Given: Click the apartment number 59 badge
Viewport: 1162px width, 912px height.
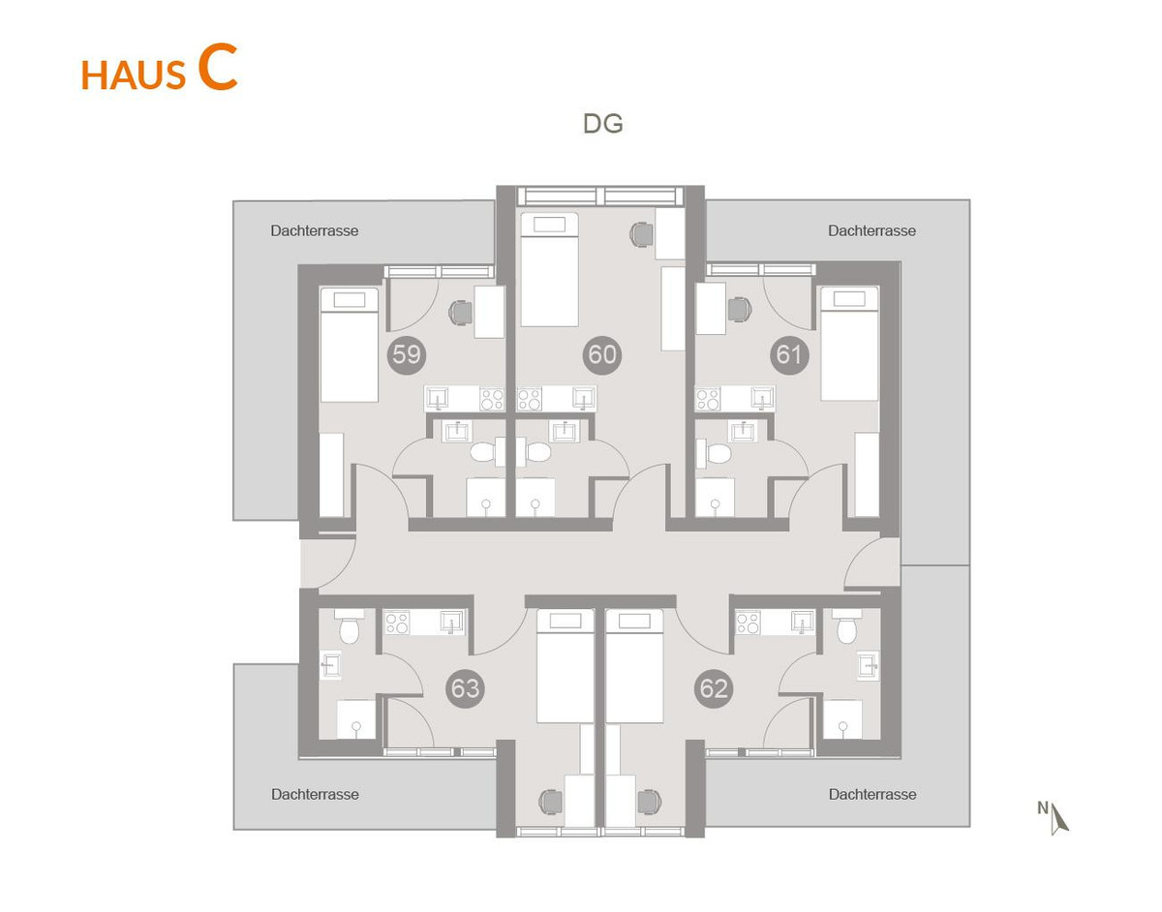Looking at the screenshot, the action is [407, 354].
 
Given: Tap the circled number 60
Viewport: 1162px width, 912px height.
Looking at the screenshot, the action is [602, 354].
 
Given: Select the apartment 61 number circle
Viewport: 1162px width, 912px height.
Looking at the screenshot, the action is [789, 354].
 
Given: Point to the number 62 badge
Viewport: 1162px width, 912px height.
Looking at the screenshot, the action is [714, 688].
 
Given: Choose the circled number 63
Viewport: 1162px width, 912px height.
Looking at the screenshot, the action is [465, 688].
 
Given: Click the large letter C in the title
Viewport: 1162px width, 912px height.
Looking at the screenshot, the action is [217, 68].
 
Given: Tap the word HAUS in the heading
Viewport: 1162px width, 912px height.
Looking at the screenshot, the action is [134, 75].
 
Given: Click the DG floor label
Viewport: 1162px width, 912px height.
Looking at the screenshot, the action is [602, 124].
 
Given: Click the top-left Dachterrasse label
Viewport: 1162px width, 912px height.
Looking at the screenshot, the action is [315, 231].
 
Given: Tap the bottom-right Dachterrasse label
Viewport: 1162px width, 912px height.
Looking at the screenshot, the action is [872, 795].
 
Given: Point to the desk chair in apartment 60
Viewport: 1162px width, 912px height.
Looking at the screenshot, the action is [642, 234].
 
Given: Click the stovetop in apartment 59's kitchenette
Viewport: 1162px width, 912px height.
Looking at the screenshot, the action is [492, 399].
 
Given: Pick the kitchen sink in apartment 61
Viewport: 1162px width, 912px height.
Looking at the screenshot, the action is [761, 398].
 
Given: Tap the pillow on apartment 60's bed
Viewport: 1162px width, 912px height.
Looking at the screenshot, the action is [549, 225].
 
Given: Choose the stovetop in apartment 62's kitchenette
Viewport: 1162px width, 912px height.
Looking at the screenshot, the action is [749, 623].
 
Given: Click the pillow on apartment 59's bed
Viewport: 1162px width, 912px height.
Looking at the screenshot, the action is [350, 300].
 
